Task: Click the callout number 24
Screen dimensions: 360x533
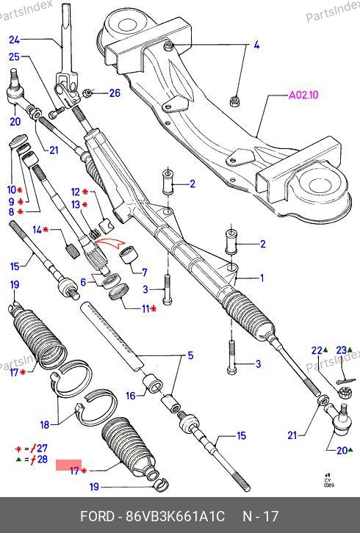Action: [14, 40]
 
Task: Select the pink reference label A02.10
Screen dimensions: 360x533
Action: [303, 95]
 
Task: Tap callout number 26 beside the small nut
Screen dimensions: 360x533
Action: [115, 93]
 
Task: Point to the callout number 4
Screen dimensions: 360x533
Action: [256, 45]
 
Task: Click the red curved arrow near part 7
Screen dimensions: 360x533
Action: [109, 244]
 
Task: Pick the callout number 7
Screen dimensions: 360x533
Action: [144, 272]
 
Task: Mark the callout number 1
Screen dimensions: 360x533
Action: [262, 278]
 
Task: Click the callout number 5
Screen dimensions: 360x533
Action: [190, 355]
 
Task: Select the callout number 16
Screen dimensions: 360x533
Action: [131, 396]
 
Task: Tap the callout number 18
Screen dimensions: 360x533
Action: [45, 424]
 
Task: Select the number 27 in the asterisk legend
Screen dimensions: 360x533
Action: [42, 449]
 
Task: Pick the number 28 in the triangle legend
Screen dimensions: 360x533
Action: [42, 460]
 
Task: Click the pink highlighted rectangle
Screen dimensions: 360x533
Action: [69, 465]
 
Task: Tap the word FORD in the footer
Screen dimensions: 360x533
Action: [97, 517]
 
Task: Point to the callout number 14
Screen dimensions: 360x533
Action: [37, 230]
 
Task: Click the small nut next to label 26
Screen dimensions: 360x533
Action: [88, 92]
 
